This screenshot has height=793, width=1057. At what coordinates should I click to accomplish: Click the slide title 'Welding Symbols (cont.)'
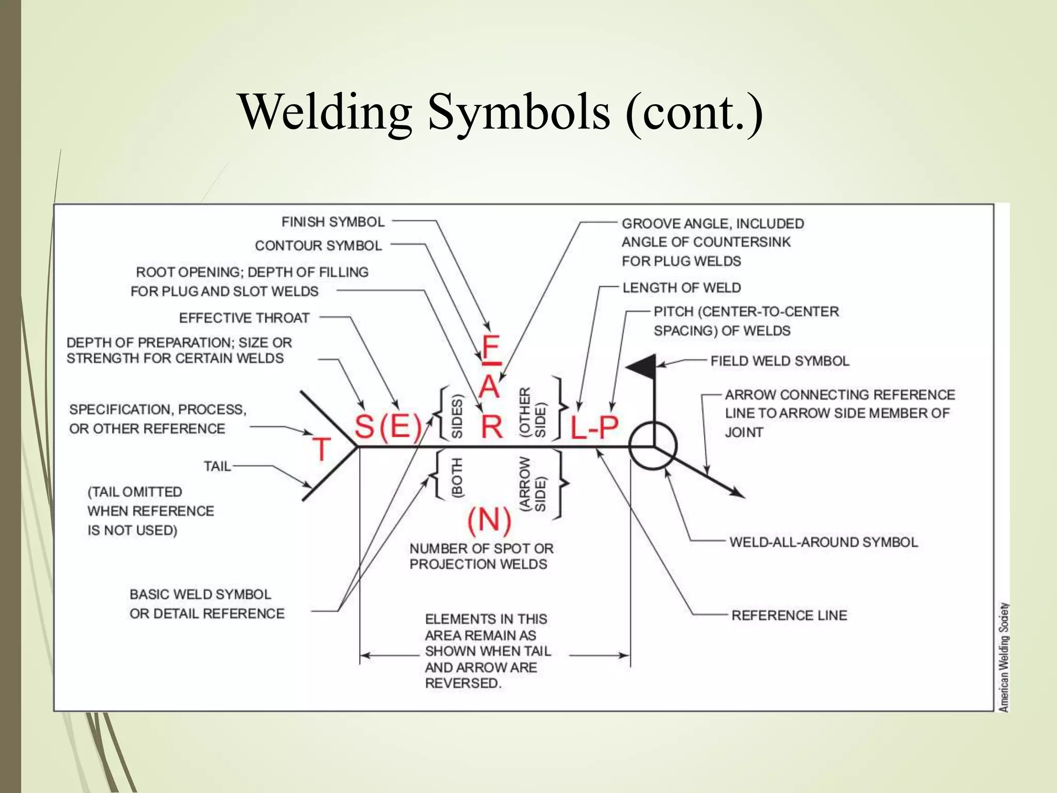click(500, 113)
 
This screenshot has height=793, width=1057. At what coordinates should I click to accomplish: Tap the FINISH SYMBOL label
click(333, 222)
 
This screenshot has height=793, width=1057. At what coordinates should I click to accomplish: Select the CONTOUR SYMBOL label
click(318, 246)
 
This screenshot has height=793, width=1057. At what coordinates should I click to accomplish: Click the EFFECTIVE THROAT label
click(244, 318)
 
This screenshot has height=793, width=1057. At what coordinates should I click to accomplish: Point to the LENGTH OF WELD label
click(681, 288)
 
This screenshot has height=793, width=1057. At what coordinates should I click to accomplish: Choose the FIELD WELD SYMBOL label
click(779, 361)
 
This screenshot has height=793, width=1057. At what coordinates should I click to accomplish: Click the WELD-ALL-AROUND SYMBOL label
click(823, 542)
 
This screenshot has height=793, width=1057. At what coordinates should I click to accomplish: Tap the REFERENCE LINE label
click(789, 615)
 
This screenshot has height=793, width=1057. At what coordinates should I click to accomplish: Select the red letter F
click(490, 348)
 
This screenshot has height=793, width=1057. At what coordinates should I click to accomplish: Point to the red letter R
click(491, 426)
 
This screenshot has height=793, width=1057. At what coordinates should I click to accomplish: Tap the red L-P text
click(594, 427)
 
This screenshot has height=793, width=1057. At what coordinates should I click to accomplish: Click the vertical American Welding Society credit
click(1003, 657)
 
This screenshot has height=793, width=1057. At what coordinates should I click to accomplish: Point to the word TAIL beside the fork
click(217, 467)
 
